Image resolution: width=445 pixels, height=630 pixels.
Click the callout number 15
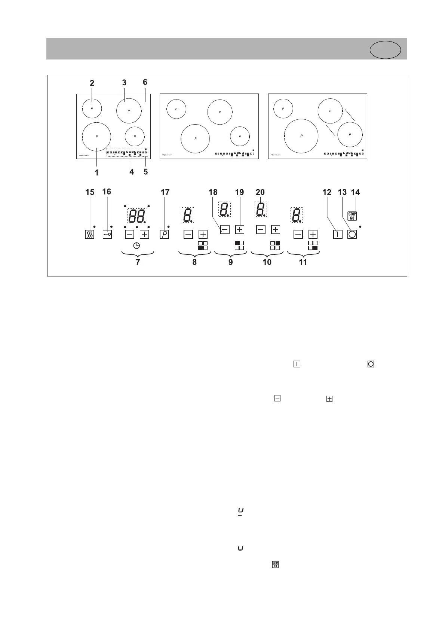(90, 192)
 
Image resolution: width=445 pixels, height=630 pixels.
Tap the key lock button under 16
(107, 234)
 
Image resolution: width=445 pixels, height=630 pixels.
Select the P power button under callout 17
(164, 235)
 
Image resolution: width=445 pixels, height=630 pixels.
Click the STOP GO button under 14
(352, 216)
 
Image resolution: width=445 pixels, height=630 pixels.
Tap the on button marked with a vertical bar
(338, 235)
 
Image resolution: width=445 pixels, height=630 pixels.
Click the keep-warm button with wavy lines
(90, 235)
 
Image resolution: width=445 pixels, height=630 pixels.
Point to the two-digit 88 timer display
(137, 216)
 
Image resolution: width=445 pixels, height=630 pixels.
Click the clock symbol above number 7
(137, 245)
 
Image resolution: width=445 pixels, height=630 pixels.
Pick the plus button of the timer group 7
(144, 235)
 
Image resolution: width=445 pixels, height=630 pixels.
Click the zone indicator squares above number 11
(313, 245)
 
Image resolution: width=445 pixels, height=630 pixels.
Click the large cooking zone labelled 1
(96, 137)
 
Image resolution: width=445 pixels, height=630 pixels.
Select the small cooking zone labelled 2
(92, 108)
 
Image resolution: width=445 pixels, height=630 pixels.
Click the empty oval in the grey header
(385, 50)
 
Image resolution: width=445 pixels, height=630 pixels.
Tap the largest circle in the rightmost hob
(301, 136)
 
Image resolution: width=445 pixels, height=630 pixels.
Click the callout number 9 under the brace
(230, 262)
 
